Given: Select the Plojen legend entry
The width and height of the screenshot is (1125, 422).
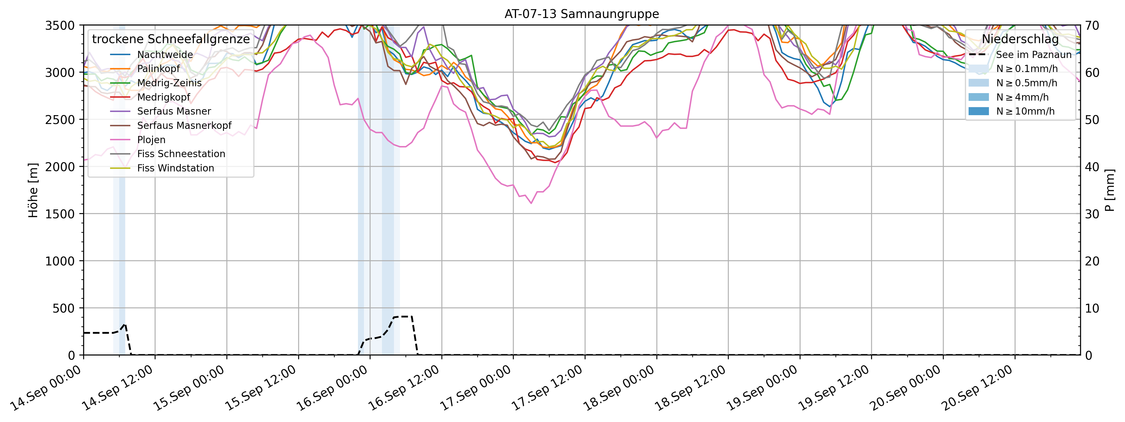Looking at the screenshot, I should pos(151,140).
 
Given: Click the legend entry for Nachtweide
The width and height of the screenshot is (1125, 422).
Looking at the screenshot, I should pos(165,55).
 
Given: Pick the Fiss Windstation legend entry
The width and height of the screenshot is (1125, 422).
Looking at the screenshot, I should pos(175,168).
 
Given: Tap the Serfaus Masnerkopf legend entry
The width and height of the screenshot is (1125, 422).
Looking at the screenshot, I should pos(184,126).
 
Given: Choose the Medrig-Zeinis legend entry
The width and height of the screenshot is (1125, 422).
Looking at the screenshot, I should pos(169,83).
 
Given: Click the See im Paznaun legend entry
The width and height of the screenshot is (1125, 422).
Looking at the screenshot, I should pos(1033,55).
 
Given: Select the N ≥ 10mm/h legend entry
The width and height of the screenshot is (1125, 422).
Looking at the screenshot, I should pos(1025,111).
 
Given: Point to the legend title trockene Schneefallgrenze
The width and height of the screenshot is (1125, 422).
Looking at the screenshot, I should pos(171,39).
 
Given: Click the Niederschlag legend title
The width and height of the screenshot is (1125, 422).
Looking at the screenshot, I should pos(1020,39).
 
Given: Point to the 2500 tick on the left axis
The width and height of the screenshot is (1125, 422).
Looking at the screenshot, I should pos(60,120).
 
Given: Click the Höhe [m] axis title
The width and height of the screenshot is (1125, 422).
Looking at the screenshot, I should pos(33,190).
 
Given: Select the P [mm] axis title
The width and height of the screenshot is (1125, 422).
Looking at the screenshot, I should pos(1110,190).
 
